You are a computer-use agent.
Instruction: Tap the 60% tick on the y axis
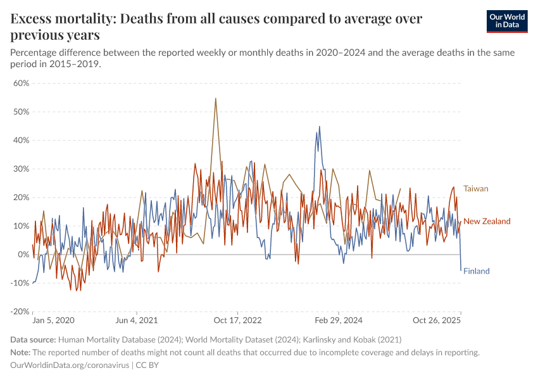22,83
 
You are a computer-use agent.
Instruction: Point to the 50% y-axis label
22,111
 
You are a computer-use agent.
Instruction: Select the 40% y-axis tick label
22,140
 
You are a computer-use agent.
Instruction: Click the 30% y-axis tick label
22,168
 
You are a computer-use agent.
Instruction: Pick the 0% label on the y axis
24,255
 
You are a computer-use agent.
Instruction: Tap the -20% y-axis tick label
20,312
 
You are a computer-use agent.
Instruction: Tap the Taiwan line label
476,189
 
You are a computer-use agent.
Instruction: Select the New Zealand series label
487,221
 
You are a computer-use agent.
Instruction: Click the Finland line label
477,271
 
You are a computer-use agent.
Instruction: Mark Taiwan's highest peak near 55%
216,98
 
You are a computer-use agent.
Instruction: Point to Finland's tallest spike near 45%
319,127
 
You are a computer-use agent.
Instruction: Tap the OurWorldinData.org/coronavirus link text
70,365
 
